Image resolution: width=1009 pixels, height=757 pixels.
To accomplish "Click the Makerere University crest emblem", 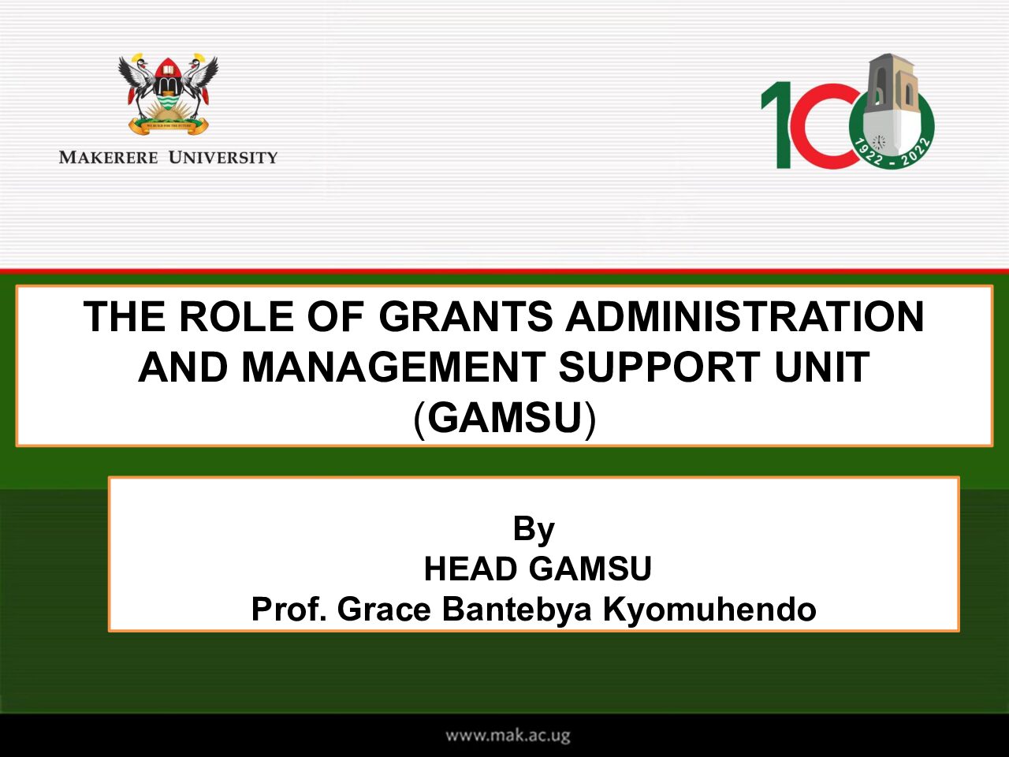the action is [168, 94].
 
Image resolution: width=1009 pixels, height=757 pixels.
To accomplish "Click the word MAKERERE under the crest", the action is [109, 158].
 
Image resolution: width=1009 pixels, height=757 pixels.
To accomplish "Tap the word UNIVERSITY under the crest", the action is [223, 158].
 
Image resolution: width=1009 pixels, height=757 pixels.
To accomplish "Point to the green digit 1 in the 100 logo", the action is [778, 125].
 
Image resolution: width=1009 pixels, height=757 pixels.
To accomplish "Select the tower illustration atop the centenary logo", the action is [890, 101].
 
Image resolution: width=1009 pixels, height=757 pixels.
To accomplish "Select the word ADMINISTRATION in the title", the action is [745, 316].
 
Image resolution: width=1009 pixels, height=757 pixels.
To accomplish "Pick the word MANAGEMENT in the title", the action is [393, 367].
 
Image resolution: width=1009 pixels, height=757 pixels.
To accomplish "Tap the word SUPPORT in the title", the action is [659, 367].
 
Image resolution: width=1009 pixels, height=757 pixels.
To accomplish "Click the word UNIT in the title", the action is [821, 367].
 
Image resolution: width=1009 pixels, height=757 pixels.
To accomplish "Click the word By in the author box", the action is [534, 529].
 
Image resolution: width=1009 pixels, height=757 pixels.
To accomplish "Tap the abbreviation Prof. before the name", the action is [289, 610].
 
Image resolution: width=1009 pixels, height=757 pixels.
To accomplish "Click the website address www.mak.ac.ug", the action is [508, 736].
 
